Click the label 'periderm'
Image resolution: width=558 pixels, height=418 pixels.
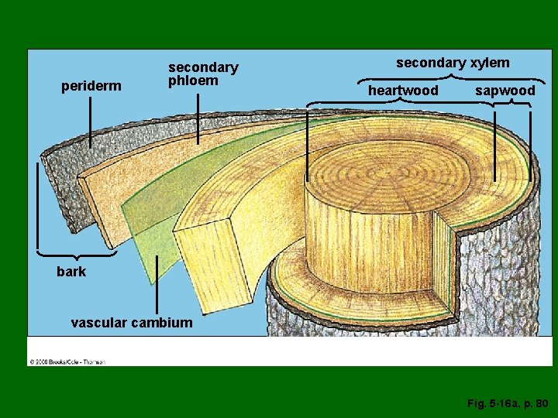(x=91, y=86)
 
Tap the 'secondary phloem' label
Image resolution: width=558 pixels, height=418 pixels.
(x=203, y=74)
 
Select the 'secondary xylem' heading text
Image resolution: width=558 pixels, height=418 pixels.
(x=453, y=63)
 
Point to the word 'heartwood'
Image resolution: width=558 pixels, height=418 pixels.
(x=403, y=91)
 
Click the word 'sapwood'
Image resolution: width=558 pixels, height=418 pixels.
(x=505, y=91)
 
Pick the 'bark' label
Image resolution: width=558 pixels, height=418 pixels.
(x=71, y=271)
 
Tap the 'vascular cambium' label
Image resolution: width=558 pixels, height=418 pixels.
(x=131, y=323)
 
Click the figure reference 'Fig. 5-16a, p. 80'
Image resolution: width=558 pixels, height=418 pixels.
(x=508, y=403)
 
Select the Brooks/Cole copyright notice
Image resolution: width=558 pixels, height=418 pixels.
(x=67, y=361)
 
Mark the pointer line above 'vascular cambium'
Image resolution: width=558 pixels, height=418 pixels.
(x=157, y=285)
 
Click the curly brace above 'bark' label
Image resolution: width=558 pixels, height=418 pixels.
(x=76, y=253)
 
